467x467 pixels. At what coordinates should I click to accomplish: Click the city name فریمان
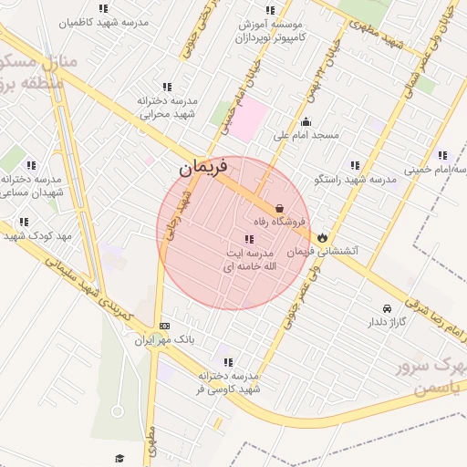pos(199,168)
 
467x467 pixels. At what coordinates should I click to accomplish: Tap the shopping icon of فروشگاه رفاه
pos(279,207)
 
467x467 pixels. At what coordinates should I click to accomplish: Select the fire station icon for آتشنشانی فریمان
pos(323,237)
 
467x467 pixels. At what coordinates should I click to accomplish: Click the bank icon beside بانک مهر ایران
pos(164,326)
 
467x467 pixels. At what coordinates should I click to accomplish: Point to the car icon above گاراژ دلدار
pos(389,308)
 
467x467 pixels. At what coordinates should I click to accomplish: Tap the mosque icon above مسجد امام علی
pos(306,122)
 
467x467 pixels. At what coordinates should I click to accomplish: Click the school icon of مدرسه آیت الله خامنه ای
pos(249,239)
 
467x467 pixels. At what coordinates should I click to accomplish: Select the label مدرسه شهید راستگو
pos(356,180)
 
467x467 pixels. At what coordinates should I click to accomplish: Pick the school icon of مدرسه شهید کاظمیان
pos(117,6)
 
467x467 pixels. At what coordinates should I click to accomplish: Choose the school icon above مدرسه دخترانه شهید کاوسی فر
pos(227,362)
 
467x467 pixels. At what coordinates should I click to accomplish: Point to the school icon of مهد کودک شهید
pos(24,222)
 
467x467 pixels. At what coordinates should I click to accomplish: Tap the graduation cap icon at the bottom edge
pos(119,459)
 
